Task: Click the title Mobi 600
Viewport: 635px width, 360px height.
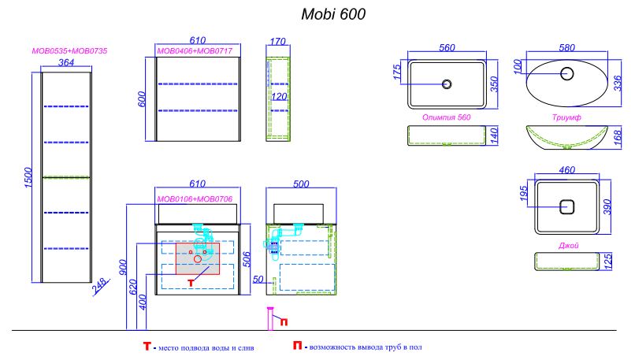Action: coord(333,14)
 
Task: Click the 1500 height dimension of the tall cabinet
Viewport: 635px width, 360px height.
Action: coord(28,177)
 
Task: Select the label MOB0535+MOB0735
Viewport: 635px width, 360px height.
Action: coord(69,51)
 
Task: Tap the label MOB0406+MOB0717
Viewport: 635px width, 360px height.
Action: coord(195,51)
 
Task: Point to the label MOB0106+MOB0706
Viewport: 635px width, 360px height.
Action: coord(195,199)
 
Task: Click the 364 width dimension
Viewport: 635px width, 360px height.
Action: coord(66,62)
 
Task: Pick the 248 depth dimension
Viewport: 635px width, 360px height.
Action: coord(99,285)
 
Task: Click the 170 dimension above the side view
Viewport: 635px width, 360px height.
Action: coord(278,41)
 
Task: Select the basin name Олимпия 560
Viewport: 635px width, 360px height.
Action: coord(446,117)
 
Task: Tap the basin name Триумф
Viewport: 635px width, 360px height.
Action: coord(566,117)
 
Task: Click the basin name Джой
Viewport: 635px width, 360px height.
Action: coord(568,246)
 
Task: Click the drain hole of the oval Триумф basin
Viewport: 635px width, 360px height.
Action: coord(567,73)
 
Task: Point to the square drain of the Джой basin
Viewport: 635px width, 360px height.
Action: coord(567,207)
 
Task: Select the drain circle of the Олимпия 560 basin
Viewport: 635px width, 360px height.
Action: coord(447,84)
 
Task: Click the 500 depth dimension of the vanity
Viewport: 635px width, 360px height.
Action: coord(301,184)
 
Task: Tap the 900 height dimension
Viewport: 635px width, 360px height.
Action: coord(124,267)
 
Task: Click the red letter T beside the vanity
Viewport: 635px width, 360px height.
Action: coord(191,283)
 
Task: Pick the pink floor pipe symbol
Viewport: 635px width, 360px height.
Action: coord(271,319)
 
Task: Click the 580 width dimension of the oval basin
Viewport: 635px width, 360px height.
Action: coord(567,48)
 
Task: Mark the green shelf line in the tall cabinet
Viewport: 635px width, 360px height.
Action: coord(66,177)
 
